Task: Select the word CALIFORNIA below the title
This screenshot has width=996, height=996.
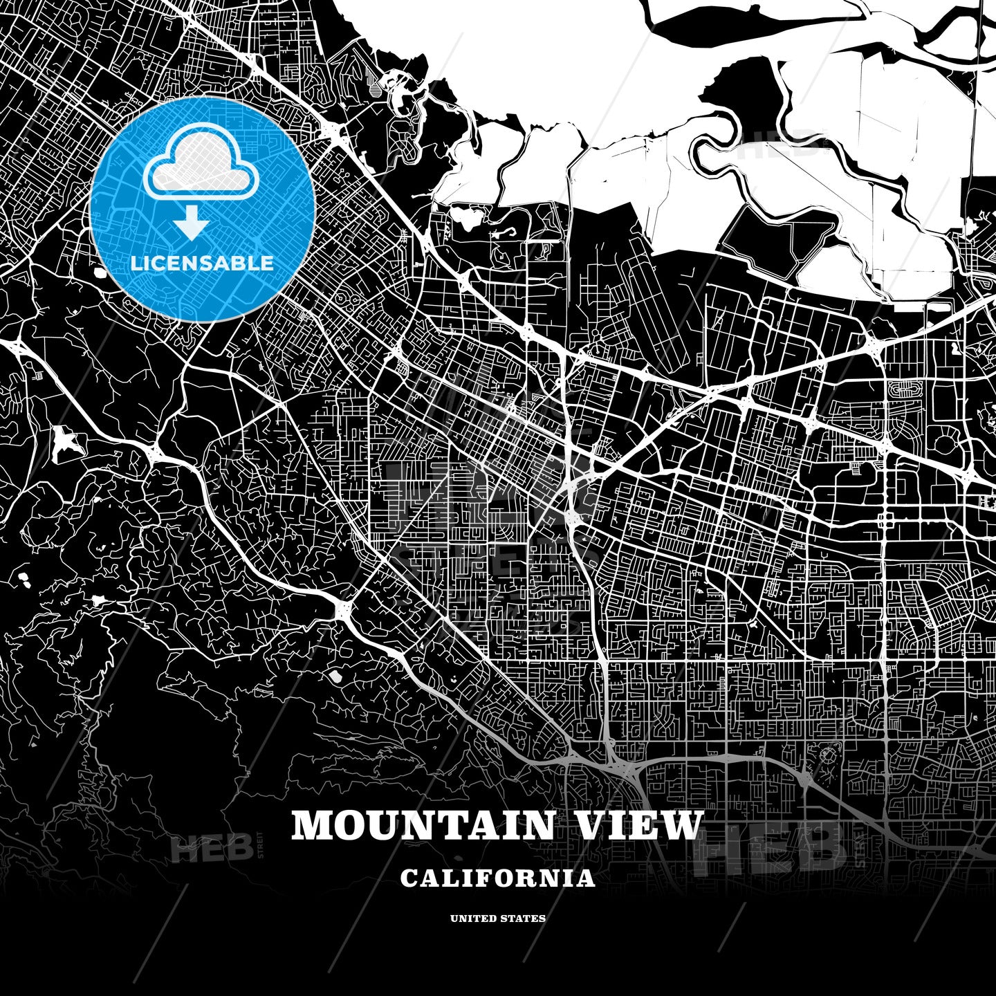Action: (497, 878)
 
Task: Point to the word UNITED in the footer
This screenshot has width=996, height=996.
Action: (472, 919)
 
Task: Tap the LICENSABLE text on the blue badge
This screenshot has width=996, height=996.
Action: (202, 264)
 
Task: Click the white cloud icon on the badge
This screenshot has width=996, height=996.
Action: (201, 169)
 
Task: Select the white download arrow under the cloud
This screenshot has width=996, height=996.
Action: (193, 225)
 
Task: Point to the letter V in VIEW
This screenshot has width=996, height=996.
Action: (591, 825)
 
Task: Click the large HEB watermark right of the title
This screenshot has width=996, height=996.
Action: (768, 847)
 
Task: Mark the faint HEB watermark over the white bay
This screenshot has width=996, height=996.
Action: (775, 147)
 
